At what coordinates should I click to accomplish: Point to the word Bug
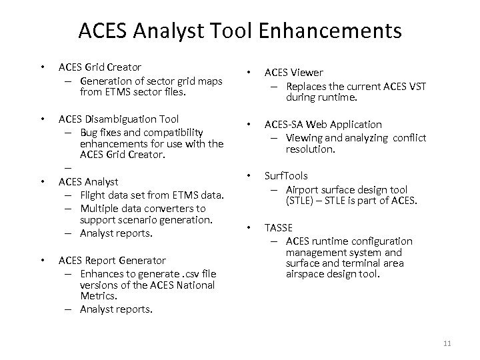click(x=89, y=132)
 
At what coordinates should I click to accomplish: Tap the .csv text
click(x=175, y=273)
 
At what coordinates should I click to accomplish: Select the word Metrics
click(x=99, y=296)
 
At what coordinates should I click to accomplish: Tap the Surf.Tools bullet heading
click(x=286, y=177)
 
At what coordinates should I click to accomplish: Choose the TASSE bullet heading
click(x=279, y=227)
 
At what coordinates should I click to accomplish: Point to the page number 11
click(x=447, y=343)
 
